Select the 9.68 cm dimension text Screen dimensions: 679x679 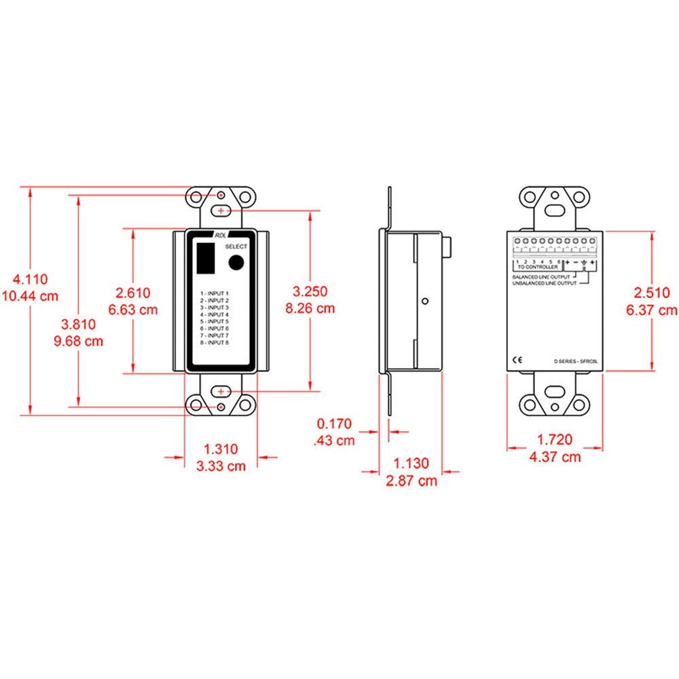tap(78, 341)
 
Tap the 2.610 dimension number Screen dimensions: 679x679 tap(133, 293)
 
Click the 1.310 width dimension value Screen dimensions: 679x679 tap(221, 449)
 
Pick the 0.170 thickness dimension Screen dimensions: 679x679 tap(335, 424)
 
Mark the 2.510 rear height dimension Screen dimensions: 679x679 tap(652, 293)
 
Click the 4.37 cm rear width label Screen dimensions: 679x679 tap(555, 457)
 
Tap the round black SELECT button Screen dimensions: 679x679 tap(236, 263)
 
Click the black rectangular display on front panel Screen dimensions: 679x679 tap(205, 259)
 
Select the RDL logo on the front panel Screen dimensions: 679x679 tap(221, 235)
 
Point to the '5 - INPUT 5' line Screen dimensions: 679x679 tap(215, 322)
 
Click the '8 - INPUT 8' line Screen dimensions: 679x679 tap(215, 344)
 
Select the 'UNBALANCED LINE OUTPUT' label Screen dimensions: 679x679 tap(543, 283)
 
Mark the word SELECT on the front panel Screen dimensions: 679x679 tap(236, 246)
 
